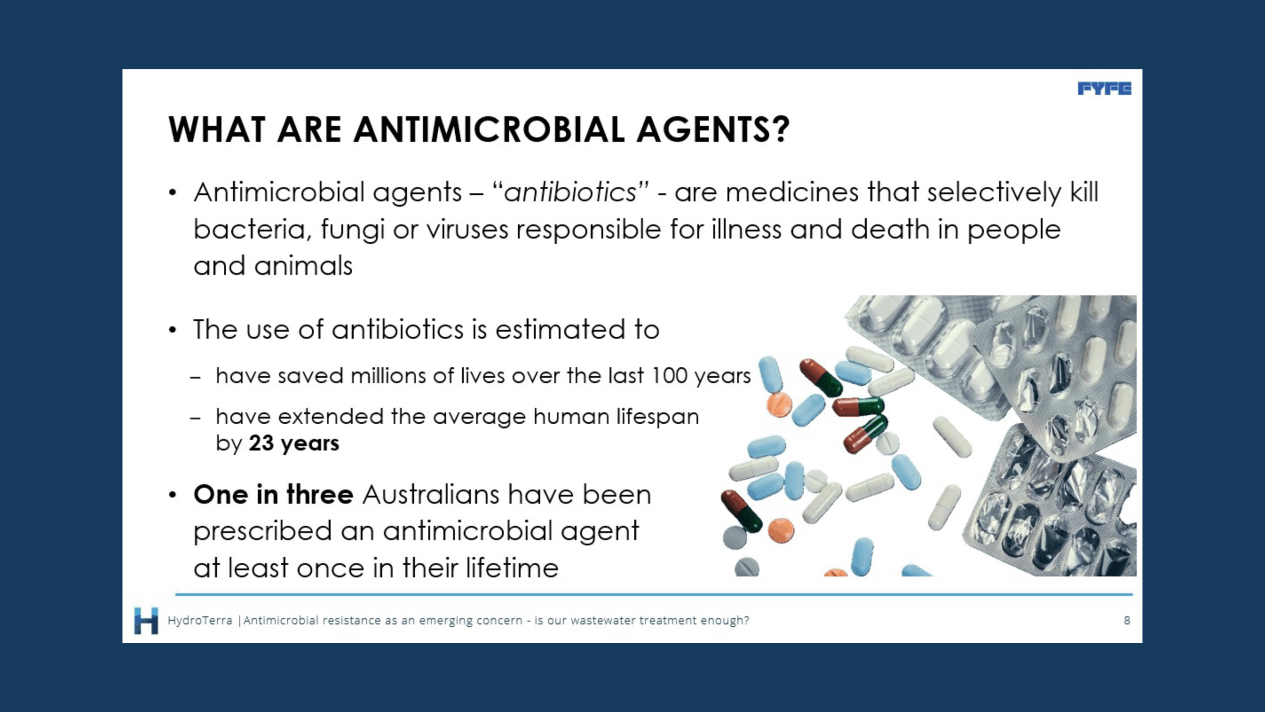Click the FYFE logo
click(1104, 89)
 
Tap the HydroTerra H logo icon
click(146, 621)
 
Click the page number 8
click(1127, 621)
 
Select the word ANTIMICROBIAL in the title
click(489, 130)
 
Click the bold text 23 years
click(294, 444)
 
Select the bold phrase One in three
click(273, 494)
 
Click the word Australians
click(430, 494)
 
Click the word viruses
click(467, 230)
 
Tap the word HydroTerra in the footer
click(200, 621)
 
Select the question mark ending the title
click(780, 130)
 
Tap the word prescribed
click(262, 532)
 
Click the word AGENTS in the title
click(703, 130)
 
